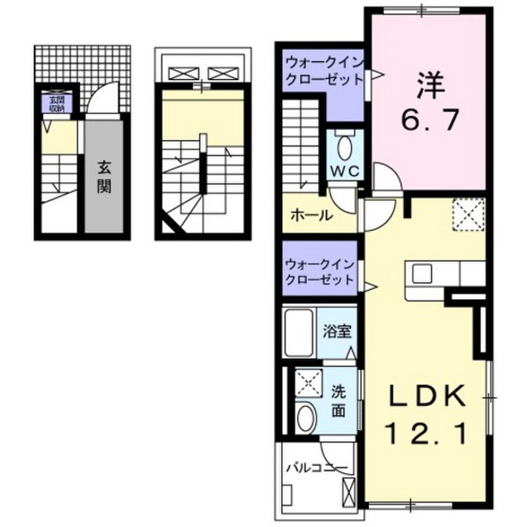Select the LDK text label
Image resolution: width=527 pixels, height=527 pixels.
427,395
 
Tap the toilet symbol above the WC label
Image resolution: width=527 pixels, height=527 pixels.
344,147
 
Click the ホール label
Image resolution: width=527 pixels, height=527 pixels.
311,216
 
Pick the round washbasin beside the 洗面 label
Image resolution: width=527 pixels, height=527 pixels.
305,417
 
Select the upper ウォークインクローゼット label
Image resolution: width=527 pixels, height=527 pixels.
323,72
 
